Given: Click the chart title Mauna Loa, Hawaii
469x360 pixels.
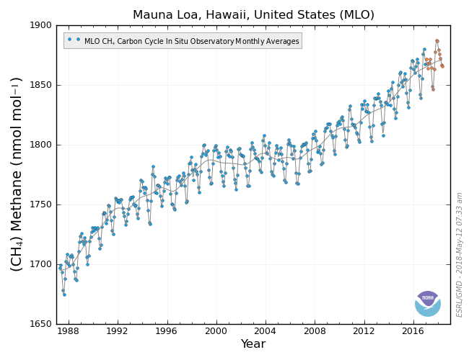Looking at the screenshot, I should tap(253, 14).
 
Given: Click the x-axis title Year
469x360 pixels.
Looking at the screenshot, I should tap(253, 344).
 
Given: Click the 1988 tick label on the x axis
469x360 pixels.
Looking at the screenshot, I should tap(69, 331).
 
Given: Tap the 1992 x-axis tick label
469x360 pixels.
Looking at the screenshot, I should tap(118, 331).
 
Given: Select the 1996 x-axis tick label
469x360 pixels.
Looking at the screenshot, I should tap(167, 331).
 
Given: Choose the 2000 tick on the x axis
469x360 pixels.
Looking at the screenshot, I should tap(216, 331).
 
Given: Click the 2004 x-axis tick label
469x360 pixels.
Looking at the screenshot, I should tap(266, 331).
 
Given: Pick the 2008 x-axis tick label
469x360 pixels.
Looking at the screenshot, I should tap(315, 331).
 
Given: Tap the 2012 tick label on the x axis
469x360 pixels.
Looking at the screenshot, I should tap(364, 331).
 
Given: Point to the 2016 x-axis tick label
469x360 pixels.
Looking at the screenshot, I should tap(413, 331).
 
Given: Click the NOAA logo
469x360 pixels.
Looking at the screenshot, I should tap(428, 303).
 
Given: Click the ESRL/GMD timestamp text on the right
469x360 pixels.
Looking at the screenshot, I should tap(460, 254).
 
